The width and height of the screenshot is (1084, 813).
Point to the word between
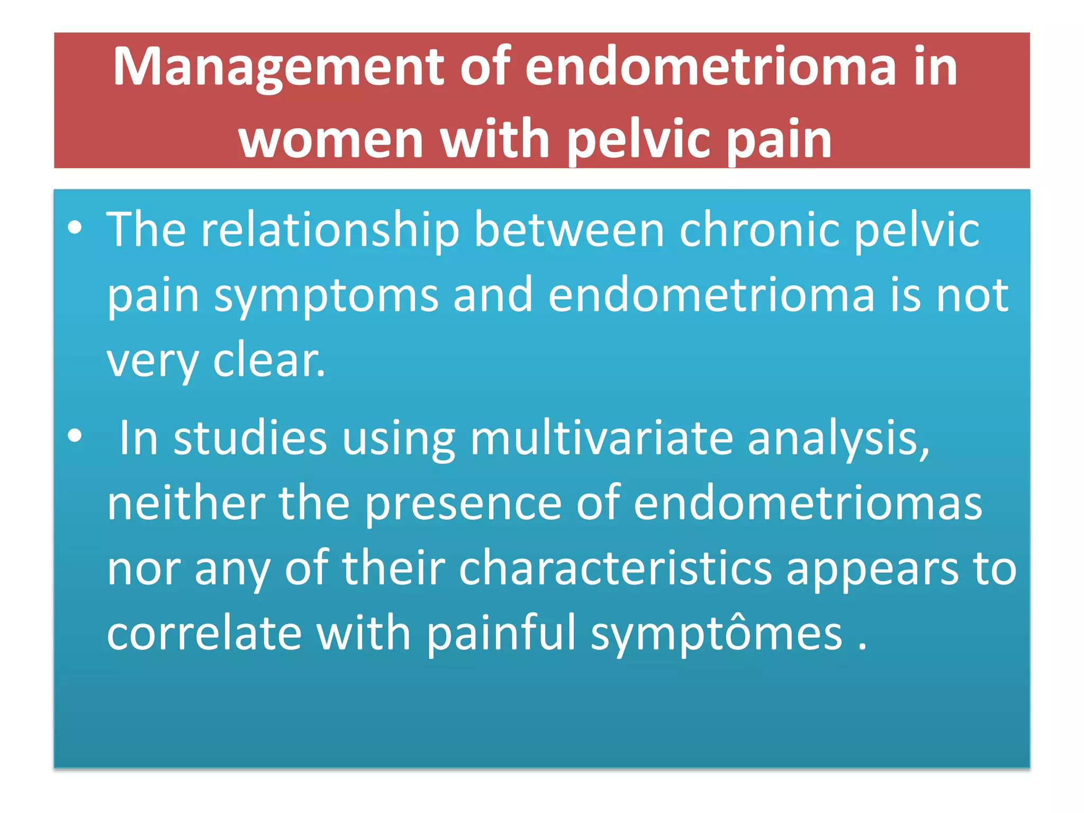[x=569, y=230]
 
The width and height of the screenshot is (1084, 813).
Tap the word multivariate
[x=601, y=438]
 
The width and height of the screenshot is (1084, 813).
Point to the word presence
[x=463, y=503]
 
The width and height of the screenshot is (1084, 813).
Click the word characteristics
[x=615, y=568]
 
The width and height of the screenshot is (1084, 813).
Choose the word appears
[x=872, y=568]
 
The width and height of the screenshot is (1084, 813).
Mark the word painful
[x=501, y=634]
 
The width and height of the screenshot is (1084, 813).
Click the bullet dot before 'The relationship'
[x=75, y=228]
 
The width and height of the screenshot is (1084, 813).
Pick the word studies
[x=250, y=438]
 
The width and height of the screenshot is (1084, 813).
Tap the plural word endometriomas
[x=808, y=503]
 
